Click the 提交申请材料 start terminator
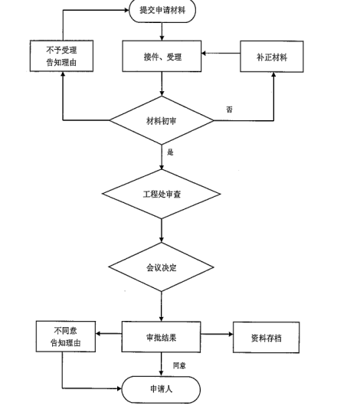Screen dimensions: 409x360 162,11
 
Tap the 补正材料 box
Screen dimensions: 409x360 273,57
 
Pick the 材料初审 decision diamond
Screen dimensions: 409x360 162,120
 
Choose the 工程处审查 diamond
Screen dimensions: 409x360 162,194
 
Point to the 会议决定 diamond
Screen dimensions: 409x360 162,269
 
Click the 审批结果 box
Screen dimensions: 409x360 162,336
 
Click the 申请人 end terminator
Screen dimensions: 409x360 162,388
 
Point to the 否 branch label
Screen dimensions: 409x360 229,110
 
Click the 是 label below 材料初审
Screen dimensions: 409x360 170,152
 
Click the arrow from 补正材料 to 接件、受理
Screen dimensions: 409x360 222,55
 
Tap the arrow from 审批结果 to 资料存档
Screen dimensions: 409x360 218,334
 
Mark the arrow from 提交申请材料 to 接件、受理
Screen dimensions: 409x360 162,31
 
